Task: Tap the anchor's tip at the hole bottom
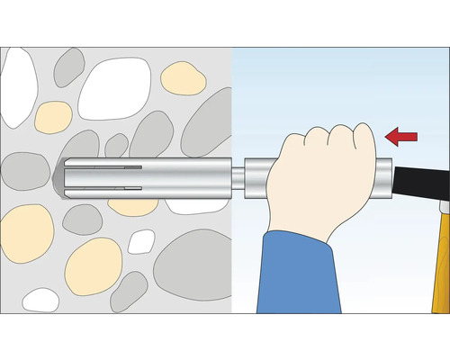coord(59,177)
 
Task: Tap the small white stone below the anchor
coord(140,241)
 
